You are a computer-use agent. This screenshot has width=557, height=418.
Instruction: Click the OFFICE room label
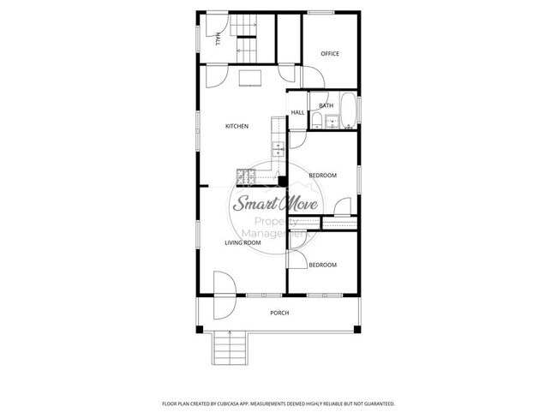(330, 54)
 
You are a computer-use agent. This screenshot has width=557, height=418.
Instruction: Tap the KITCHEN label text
(237, 127)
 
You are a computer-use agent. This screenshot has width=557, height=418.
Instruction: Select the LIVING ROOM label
(243, 243)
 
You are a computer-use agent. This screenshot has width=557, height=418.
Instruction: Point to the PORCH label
(279, 313)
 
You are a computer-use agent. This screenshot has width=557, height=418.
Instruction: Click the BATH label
(326, 106)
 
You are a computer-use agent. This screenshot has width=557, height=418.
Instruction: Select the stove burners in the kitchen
(244, 177)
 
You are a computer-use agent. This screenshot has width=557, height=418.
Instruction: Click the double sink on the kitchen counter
(278, 151)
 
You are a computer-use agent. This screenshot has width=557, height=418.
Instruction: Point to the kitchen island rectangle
(249, 79)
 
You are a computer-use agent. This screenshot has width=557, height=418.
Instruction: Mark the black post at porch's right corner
(358, 329)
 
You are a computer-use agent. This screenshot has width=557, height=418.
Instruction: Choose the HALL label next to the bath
(297, 112)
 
